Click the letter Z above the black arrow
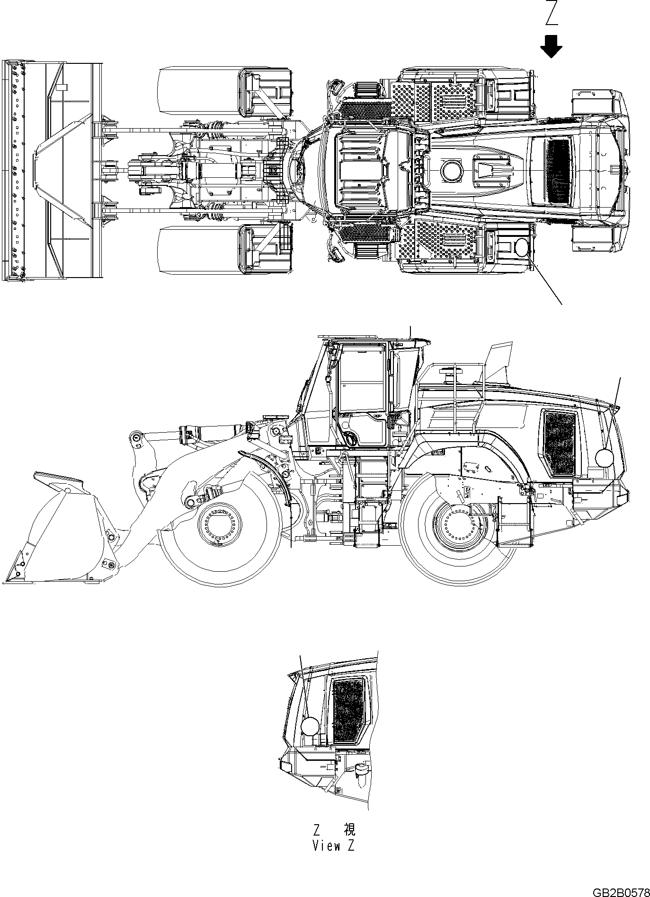point(551,13)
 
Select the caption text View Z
point(333,846)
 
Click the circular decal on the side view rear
point(604,458)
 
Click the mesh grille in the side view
point(560,444)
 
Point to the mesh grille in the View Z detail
point(348,711)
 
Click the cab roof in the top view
point(360,170)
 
